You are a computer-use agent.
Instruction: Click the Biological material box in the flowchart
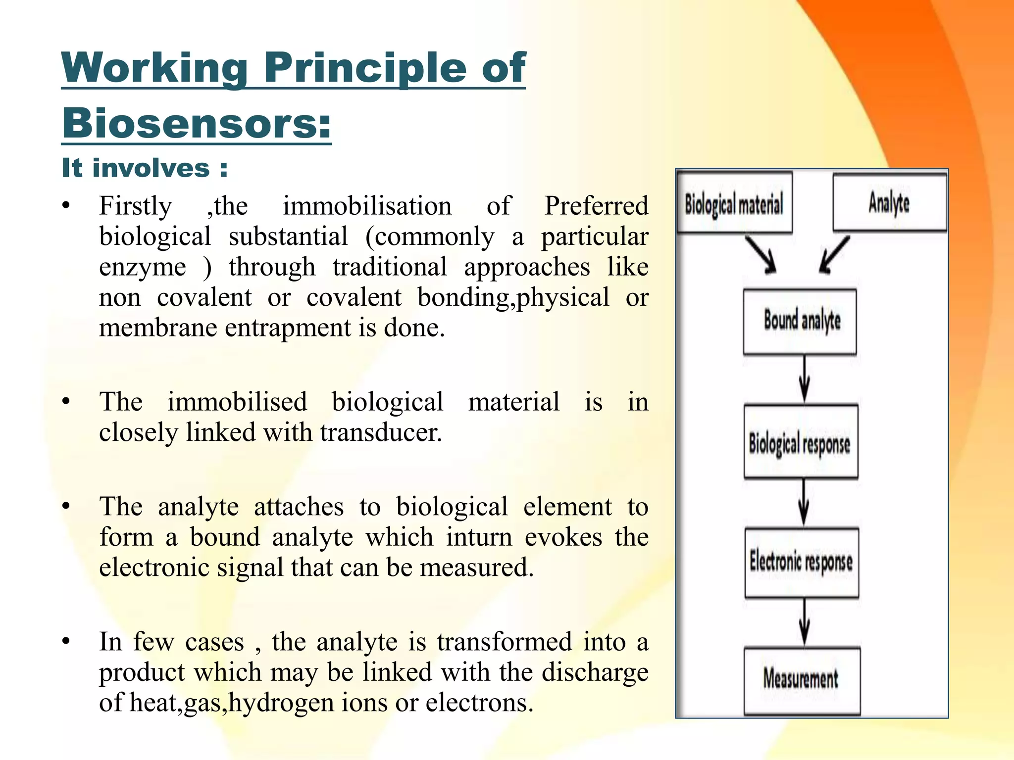[x=734, y=203]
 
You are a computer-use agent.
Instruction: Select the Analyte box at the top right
[x=889, y=203]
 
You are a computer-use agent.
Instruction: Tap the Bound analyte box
[x=800, y=322]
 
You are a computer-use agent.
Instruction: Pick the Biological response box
[x=801, y=442]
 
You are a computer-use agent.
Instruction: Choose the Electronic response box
[x=802, y=563]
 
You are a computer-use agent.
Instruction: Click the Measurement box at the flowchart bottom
[x=802, y=680]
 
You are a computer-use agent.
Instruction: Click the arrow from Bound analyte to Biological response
[x=805, y=379]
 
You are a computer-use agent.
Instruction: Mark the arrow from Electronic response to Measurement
[x=805, y=621]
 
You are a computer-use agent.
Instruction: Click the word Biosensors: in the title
[x=197, y=123]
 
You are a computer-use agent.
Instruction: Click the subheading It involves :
[x=145, y=168]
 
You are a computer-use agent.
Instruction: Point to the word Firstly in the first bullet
[x=135, y=206]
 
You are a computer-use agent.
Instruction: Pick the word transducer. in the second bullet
[x=381, y=432]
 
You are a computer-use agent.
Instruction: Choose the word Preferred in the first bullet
[x=596, y=206]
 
